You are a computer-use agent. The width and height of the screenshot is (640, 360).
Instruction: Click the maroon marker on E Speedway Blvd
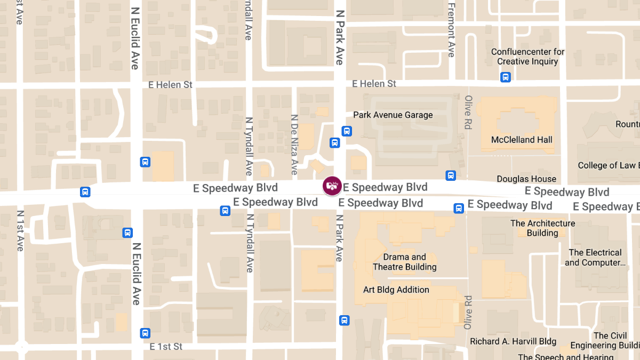[332, 186]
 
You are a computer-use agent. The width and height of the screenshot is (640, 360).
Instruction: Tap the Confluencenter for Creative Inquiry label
[527, 57]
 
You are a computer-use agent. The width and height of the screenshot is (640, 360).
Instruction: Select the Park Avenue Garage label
[393, 115]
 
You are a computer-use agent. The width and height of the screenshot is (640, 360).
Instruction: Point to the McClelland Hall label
[522, 140]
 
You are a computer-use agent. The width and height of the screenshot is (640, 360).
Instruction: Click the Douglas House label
[526, 179]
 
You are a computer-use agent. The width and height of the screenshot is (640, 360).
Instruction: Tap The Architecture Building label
[542, 228]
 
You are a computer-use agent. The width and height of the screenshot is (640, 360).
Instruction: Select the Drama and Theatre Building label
[404, 262]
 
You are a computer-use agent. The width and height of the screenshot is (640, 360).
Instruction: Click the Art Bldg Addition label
[396, 290]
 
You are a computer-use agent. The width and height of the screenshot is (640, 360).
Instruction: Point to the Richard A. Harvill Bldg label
[513, 341]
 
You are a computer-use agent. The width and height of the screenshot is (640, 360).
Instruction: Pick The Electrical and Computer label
[595, 258]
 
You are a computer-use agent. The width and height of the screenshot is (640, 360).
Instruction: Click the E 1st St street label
[166, 347]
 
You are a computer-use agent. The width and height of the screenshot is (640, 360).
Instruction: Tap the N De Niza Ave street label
[294, 145]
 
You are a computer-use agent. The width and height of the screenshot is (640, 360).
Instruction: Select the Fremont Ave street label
[451, 30]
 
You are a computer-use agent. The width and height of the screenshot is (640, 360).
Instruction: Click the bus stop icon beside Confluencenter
[506, 77]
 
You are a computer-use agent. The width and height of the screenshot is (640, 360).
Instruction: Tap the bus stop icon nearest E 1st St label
[145, 333]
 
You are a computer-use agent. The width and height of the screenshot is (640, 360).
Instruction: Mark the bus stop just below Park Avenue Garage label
[347, 131]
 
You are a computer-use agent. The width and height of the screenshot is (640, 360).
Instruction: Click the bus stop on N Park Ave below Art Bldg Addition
[345, 321]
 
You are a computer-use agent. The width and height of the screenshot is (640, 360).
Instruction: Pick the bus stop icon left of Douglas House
[451, 175]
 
